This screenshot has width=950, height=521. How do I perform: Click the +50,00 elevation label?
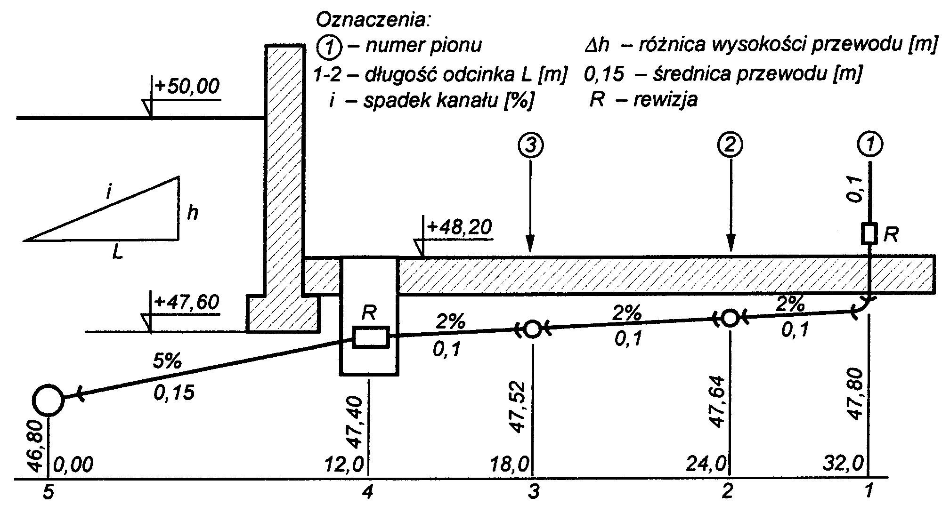[x=187, y=87]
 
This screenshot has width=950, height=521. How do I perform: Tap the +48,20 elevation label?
[x=459, y=227]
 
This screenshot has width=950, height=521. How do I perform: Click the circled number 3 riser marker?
[x=531, y=145]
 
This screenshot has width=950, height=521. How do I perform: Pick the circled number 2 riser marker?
[x=730, y=145]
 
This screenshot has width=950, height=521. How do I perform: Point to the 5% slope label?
[x=167, y=361]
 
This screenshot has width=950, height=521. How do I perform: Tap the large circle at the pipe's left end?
[x=48, y=400]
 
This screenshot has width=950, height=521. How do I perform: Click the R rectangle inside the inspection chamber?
[x=371, y=337]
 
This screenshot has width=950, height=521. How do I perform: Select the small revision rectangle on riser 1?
[x=869, y=234]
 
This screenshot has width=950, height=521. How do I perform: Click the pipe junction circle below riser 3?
[x=533, y=329]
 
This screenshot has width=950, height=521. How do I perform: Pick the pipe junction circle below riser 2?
[x=730, y=319]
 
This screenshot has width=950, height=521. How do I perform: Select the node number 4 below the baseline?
[x=368, y=492]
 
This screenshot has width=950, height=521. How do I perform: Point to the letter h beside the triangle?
[x=192, y=213]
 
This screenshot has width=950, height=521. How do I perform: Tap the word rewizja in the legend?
[x=665, y=100]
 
